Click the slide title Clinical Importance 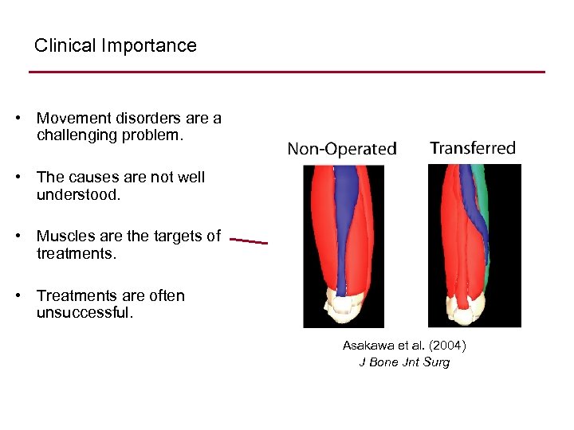(115, 45)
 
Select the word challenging (77, 135)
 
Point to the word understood (78, 194)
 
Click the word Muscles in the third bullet (65, 236)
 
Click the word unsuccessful (85, 312)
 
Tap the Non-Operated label (341, 149)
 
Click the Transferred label (473, 148)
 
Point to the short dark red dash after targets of (249, 240)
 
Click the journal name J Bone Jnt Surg (404, 362)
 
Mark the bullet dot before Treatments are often (18, 296)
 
